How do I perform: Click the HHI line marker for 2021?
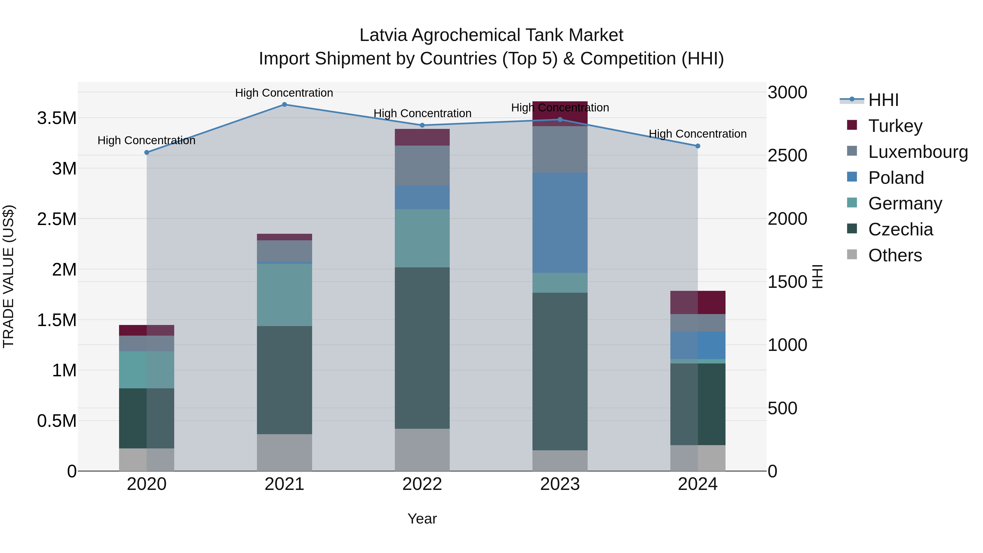coord(284,105)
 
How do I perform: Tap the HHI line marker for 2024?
coord(698,146)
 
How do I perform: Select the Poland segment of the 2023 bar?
coord(560,223)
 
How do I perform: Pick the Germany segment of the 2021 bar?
coord(284,295)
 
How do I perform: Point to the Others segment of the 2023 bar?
coord(560,461)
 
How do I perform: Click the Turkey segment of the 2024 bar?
coord(698,302)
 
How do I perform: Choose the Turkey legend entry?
coord(895,126)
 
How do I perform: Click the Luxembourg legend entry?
coord(918,152)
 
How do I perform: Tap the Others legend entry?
coord(895,255)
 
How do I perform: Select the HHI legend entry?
coord(883,100)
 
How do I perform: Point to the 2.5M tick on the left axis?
coord(57,219)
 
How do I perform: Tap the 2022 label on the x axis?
coord(422,484)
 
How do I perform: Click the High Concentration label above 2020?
coord(147,140)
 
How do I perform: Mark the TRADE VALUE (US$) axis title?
coord(8,276)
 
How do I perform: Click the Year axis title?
coord(422,519)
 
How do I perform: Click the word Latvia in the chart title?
coord(384,35)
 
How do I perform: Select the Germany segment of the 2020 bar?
coord(147,369)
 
